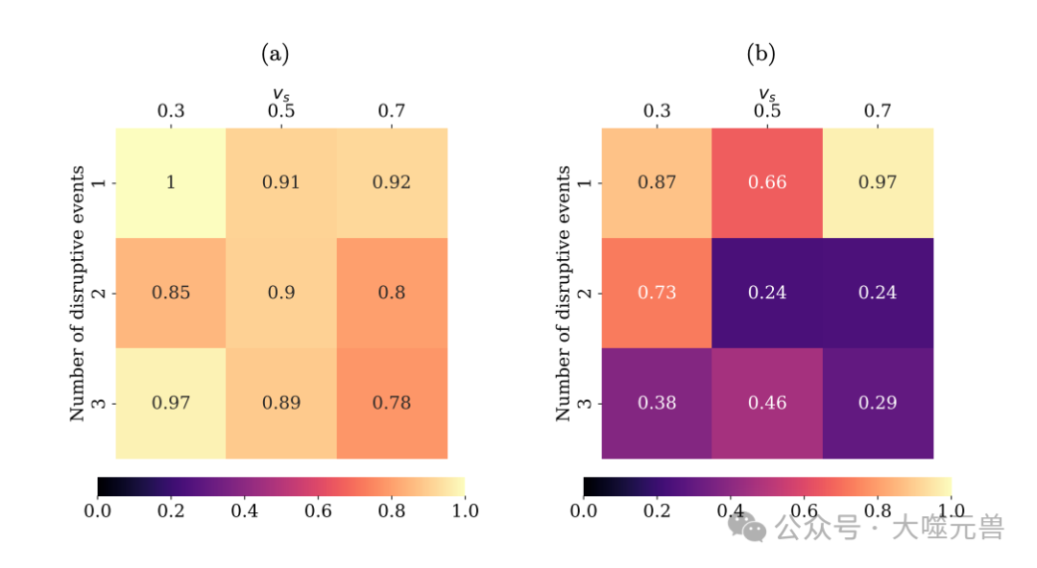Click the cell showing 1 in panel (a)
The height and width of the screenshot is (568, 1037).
click(x=171, y=182)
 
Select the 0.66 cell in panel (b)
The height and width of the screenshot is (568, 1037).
click(x=767, y=182)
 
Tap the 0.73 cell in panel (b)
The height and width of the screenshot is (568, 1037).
click(x=657, y=293)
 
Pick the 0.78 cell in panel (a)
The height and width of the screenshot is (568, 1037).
click(x=391, y=403)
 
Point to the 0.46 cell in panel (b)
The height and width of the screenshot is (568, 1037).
click(x=767, y=403)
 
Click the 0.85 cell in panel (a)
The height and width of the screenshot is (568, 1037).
click(x=171, y=293)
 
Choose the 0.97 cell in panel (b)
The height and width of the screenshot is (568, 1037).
click(x=878, y=182)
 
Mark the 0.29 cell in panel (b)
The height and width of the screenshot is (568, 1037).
click(x=878, y=403)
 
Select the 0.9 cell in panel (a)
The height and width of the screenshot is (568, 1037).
click(x=281, y=293)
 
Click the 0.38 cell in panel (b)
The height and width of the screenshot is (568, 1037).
click(x=657, y=403)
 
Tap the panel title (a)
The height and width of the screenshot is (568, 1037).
click(x=275, y=55)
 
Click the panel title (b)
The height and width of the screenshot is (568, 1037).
click(x=760, y=55)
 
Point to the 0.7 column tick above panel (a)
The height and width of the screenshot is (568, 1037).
click(x=391, y=111)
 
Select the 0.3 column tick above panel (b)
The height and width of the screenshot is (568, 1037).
click(x=657, y=111)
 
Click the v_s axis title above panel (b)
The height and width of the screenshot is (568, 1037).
click(x=766, y=94)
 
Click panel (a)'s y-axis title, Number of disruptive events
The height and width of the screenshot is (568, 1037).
click(x=78, y=293)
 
